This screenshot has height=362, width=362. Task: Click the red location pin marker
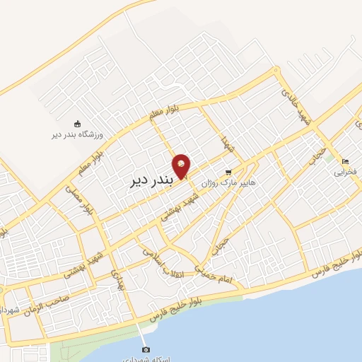point(182,167)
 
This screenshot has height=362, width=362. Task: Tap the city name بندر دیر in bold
point(151,180)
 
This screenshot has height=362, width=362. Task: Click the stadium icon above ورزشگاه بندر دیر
point(77,123)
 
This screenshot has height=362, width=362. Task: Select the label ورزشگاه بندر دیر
point(78,134)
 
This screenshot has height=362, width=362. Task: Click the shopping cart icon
point(227,172)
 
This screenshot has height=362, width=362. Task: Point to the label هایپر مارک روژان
point(227,182)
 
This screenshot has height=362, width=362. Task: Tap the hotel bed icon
point(344,160)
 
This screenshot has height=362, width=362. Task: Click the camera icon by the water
point(146,349)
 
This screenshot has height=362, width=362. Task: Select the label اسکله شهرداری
point(146,358)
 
